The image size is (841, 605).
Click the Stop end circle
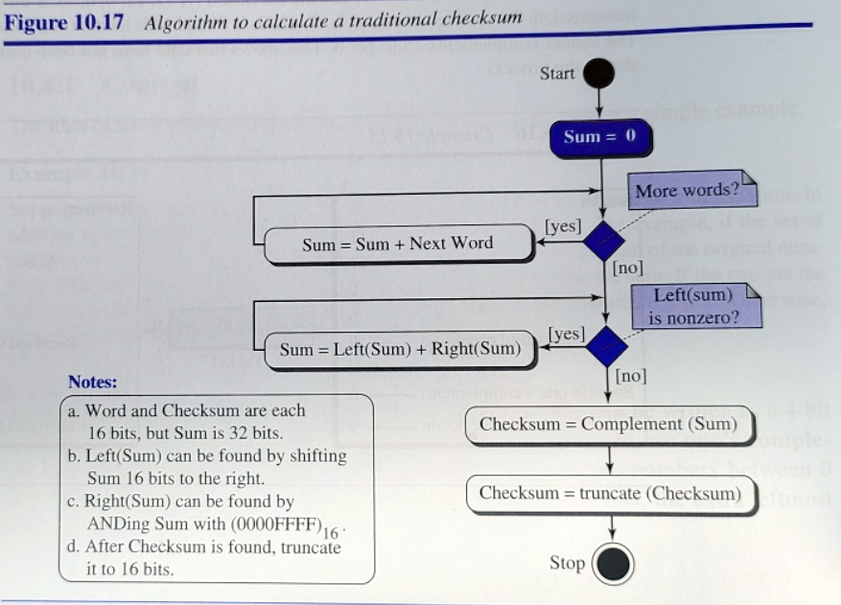pyautogui.click(x=613, y=564)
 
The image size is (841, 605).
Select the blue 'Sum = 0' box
pyautogui.click(x=600, y=137)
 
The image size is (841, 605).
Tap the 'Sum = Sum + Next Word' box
pyautogui.click(x=397, y=244)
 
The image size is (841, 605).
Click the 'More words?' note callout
pyautogui.click(x=689, y=190)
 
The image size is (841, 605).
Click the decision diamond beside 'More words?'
pyautogui.click(x=603, y=240)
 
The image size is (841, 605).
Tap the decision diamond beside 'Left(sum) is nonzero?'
pyautogui.click(x=604, y=345)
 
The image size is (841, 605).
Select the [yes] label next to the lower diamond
pyautogui.click(x=566, y=333)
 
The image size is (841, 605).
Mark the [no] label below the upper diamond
pyautogui.click(x=628, y=268)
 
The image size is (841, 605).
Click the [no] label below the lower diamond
pyautogui.click(x=631, y=375)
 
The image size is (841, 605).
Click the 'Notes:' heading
pyautogui.click(x=93, y=383)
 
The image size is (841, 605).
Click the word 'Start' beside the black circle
pyautogui.click(x=557, y=74)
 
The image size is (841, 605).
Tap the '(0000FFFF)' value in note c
pyautogui.click(x=275, y=524)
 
